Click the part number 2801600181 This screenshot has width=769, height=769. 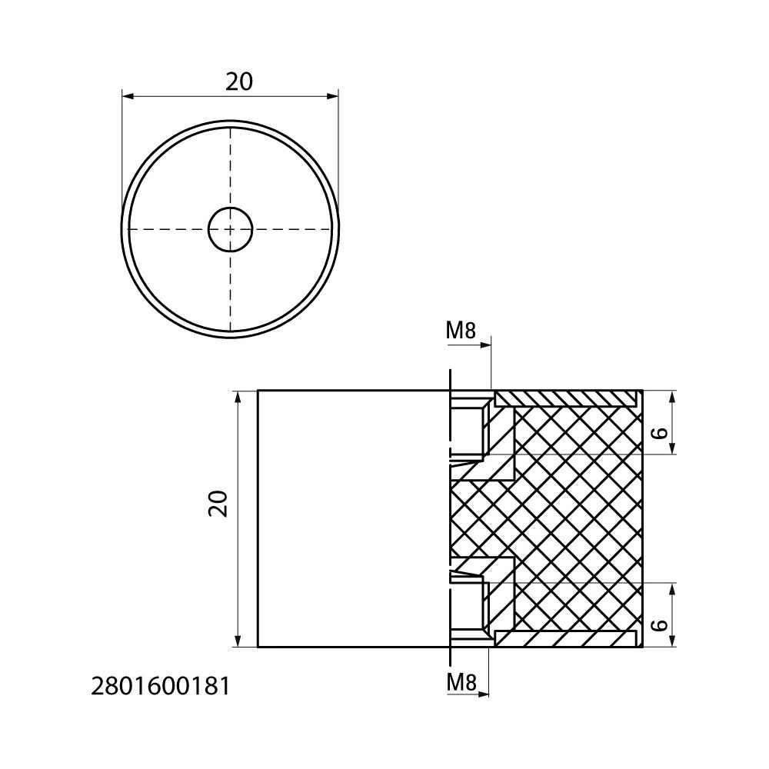tap(161, 687)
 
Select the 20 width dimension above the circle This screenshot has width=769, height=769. tap(239, 82)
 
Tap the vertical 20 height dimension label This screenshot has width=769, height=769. tap(218, 504)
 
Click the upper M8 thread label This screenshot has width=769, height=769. tap(461, 331)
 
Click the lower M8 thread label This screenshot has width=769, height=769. tap(461, 682)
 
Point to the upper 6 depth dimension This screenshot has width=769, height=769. tap(661, 432)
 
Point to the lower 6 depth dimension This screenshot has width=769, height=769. tap(661, 625)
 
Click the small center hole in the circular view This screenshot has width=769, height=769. tap(230, 229)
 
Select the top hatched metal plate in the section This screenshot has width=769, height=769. tap(569, 398)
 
